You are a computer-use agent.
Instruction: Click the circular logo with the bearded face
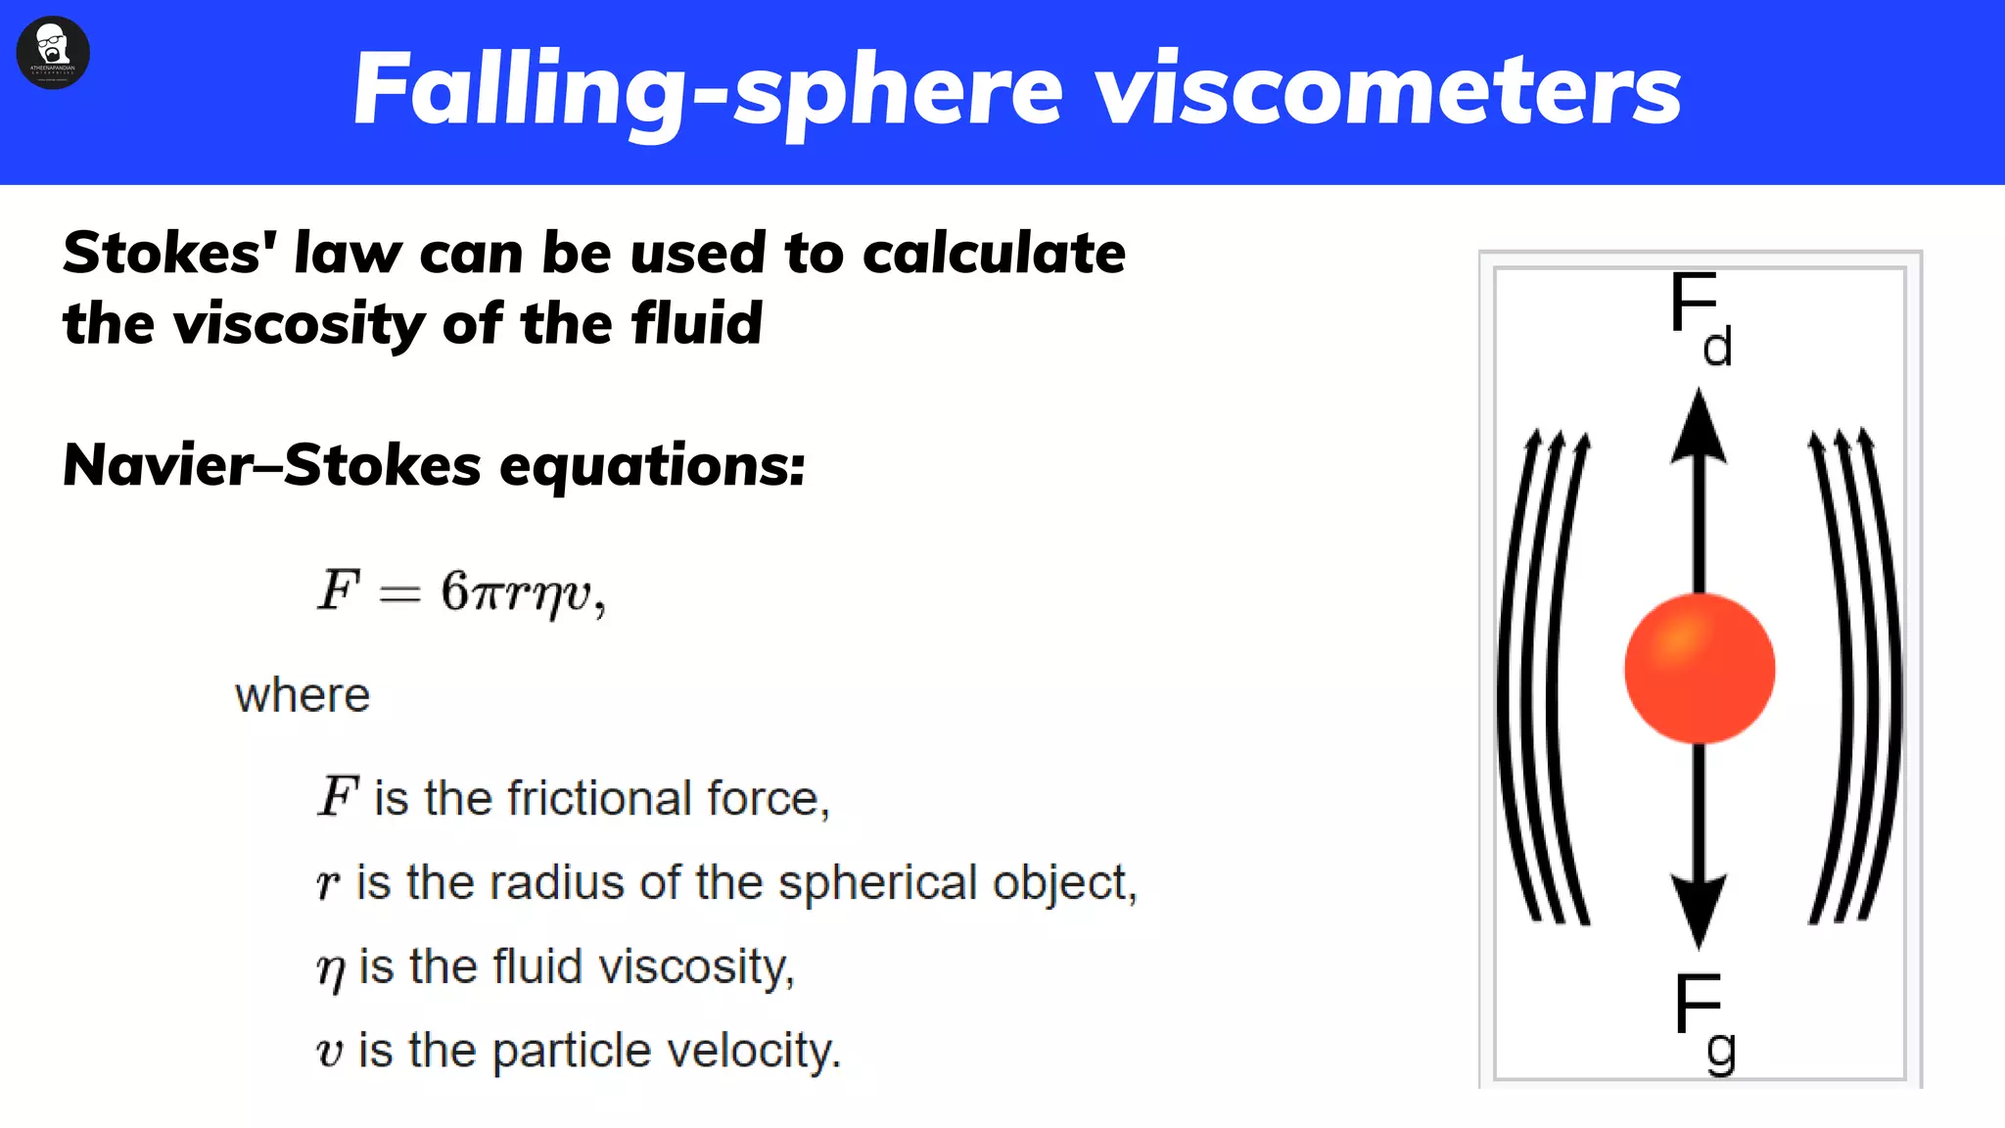click(x=53, y=52)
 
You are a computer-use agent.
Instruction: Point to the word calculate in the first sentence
click(x=993, y=254)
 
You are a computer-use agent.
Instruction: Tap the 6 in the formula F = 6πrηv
click(x=455, y=590)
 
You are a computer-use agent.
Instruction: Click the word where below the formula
click(x=303, y=695)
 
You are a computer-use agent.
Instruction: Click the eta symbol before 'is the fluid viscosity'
click(x=331, y=969)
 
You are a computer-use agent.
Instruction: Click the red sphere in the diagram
click(x=1699, y=669)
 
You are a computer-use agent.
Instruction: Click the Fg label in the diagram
click(x=1703, y=1020)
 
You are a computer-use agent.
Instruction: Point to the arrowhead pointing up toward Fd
click(x=1699, y=426)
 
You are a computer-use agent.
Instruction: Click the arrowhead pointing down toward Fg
click(x=1699, y=912)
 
